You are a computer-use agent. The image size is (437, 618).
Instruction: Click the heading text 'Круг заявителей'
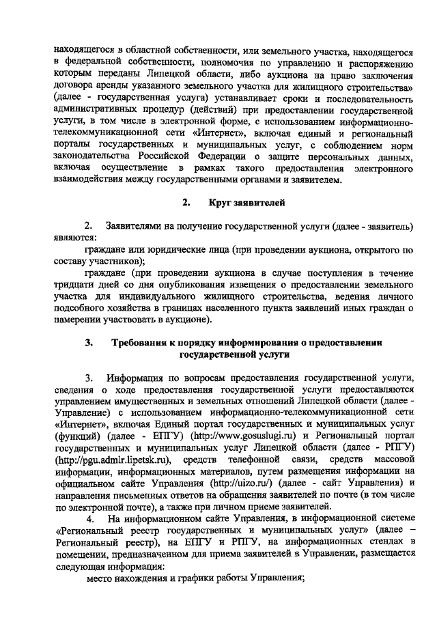[x=248, y=202]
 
